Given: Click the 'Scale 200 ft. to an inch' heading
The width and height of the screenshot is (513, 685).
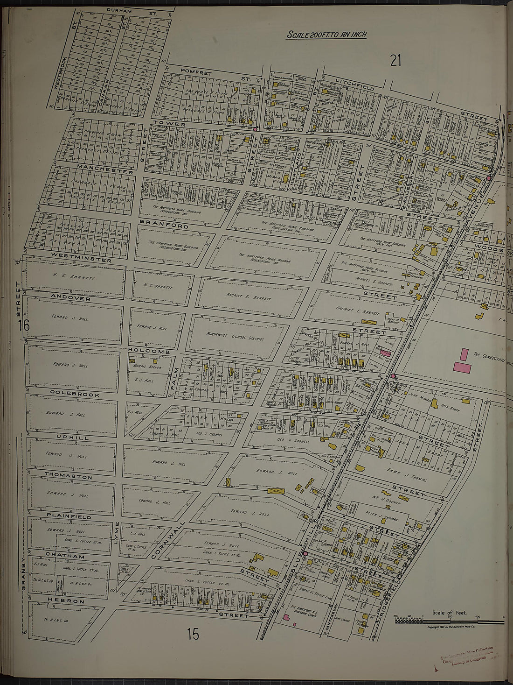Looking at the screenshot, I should tap(326, 35).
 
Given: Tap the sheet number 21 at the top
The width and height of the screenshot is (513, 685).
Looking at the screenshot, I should tap(395, 60).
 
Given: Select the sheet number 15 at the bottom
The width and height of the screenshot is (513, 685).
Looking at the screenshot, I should tap(193, 634).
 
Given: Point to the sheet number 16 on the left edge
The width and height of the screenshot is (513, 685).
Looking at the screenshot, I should tap(24, 325).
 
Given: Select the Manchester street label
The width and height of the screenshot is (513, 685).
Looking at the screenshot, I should tap(105, 169).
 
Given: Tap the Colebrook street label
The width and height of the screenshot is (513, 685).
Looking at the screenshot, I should tap(75, 395).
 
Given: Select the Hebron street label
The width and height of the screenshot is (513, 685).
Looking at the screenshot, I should tap(66, 601).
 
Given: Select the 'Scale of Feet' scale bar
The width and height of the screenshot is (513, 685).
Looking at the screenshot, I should tap(449, 620).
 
